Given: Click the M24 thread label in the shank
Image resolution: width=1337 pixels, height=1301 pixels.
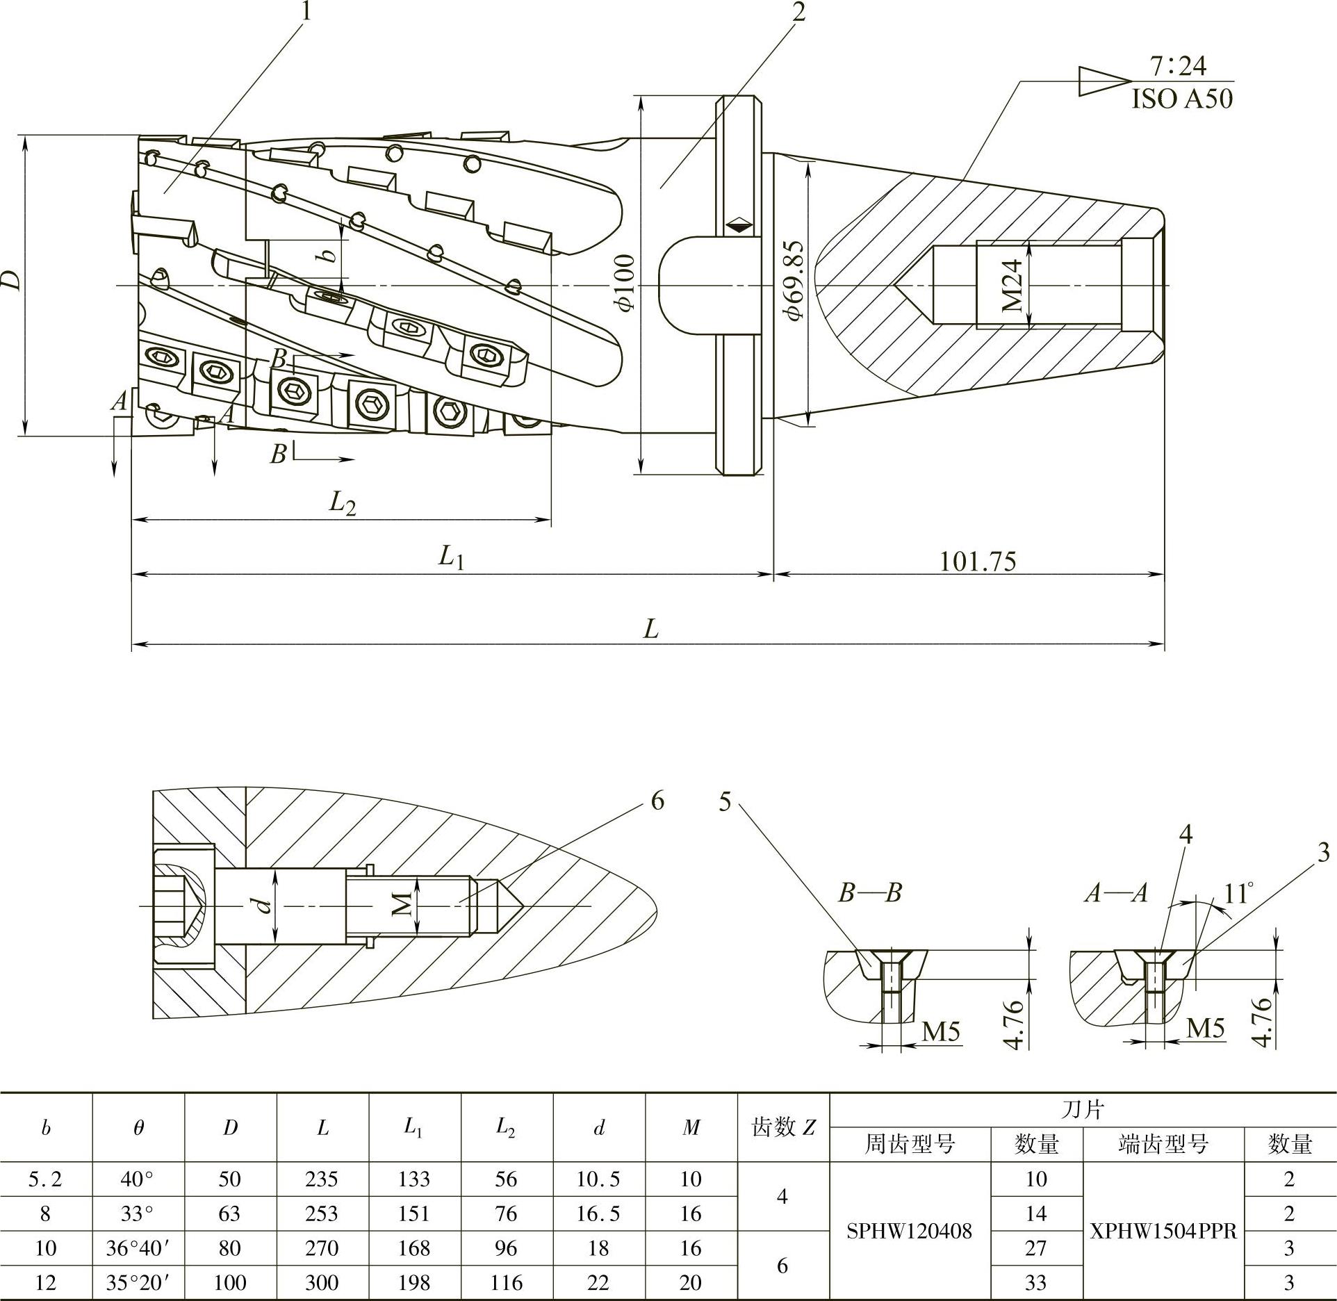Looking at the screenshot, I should pos(1014,285).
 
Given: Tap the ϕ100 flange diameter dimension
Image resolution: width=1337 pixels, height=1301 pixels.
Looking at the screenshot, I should pos(625,283).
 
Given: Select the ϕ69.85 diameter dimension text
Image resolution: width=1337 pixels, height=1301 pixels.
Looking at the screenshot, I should pos(793,281).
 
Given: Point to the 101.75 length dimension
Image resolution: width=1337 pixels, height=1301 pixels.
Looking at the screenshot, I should pos(977,561).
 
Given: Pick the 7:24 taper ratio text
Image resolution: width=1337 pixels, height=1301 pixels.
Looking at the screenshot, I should pos(1178,66).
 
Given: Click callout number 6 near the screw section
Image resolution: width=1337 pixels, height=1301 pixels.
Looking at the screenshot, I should pos(657,801).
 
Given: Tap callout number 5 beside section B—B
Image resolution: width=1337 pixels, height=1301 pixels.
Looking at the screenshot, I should pos(725,802).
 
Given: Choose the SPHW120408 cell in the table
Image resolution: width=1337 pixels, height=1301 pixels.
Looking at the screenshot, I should pos(909,1231).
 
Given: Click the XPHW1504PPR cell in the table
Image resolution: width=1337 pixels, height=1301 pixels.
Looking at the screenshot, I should pos(1163,1231).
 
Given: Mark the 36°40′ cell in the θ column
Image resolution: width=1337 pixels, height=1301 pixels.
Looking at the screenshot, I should pos(138,1248).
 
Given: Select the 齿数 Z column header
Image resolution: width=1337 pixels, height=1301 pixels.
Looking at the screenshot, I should pos(783,1127).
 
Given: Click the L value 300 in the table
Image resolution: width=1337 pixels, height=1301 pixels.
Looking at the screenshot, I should pos(322,1282).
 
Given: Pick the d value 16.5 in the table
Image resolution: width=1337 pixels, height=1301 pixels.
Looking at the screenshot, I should pos(598,1213).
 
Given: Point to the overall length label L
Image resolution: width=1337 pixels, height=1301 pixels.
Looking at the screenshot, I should pos(650,629).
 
